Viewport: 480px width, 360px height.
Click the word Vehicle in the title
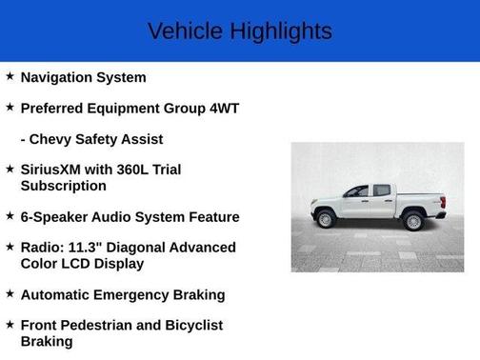pos(187,31)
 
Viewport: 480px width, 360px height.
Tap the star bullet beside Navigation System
pos(10,76)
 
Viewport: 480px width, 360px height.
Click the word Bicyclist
pos(190,326)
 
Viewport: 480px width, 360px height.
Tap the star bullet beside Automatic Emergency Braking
pos(10,294)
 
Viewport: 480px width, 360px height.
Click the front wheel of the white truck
pos(327,220)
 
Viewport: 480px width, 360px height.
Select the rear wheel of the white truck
pos(413,221)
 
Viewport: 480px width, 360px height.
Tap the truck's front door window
pos(358,191)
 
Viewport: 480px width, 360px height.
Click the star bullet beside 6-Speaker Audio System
pos(10,216)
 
